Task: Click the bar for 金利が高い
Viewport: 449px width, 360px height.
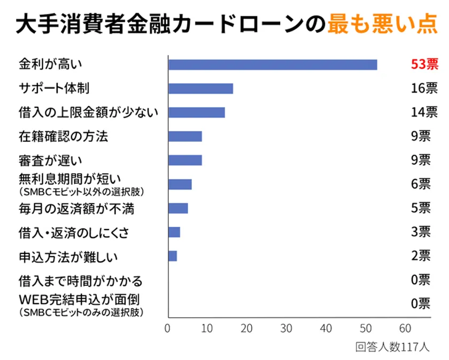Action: [273, 65]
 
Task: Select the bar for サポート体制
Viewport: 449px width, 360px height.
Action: [200, 89]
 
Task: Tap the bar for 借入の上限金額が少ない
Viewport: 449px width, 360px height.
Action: [196, 112]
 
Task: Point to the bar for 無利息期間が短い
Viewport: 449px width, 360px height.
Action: [180, 185]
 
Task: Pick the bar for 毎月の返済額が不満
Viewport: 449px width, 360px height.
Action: [178, 208]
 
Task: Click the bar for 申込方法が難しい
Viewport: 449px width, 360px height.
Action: [173, 256]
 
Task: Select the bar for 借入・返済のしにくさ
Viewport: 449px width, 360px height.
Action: [174, 232]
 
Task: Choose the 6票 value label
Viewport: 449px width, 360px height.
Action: [420, 184]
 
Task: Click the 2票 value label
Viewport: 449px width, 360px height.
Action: [420, 256]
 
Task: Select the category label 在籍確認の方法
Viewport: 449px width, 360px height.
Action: [63, 136]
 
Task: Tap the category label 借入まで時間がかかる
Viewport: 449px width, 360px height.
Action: [81, 280]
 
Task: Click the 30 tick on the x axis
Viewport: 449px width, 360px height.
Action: [287, 328]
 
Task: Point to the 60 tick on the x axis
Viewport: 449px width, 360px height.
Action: [405, 328]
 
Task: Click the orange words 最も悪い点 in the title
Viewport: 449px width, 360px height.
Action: [382, 24]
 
